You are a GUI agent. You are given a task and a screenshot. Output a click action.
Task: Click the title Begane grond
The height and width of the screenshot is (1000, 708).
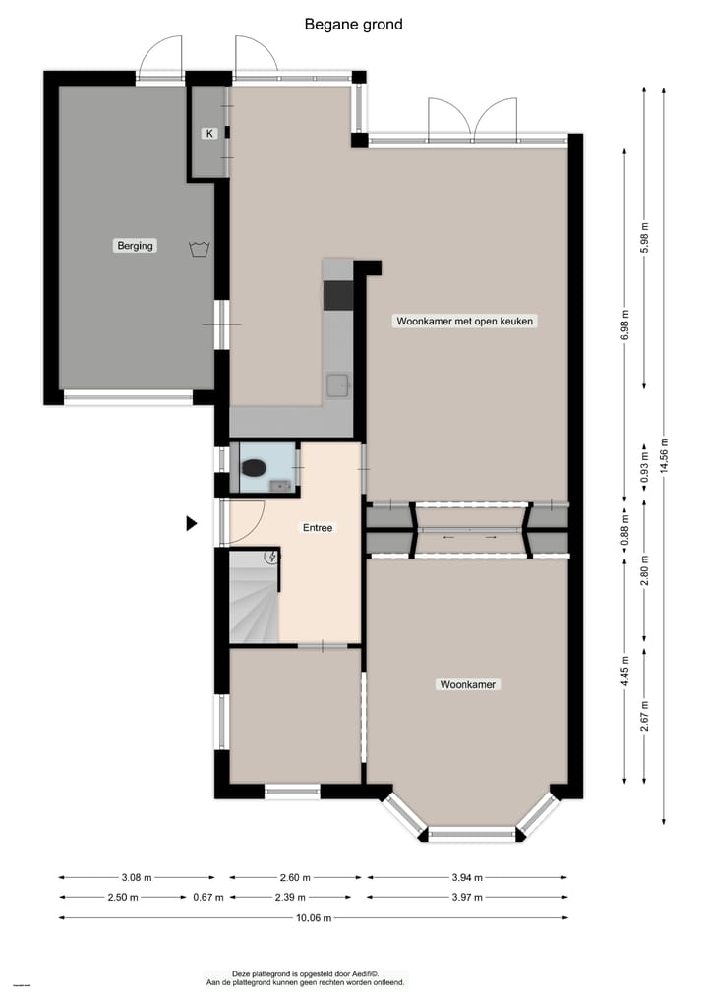tap(353, 25)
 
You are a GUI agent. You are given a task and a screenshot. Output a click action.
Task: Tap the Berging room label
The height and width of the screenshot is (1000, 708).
tap(135, 246)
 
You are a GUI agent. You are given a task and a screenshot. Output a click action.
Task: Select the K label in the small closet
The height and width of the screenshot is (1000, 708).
tap(208, 134)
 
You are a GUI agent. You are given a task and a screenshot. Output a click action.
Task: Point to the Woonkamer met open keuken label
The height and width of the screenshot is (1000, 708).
tap(466, 321)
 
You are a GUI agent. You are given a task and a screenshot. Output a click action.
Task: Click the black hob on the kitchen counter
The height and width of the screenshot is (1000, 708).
tap(338, 294)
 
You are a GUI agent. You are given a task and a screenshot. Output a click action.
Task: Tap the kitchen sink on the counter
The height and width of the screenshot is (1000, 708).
tap(338, 383)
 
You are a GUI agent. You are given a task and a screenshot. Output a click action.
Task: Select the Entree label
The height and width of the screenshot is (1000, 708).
tap(317, 528)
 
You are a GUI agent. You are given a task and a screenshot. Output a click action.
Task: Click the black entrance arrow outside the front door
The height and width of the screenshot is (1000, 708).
tap(192, 524)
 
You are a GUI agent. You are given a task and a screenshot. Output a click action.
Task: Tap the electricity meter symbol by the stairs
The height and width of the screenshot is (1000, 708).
tap(272, 558)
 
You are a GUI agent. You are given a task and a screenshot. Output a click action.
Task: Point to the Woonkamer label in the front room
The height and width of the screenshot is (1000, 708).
tap(467, 684)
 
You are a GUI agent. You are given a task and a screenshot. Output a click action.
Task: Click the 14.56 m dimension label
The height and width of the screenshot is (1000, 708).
tap(665, 456)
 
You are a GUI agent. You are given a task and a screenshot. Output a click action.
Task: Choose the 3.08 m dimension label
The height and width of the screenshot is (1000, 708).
tap(135, 878)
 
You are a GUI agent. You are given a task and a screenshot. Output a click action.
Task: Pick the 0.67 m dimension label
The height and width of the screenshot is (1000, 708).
tap(207, 897)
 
